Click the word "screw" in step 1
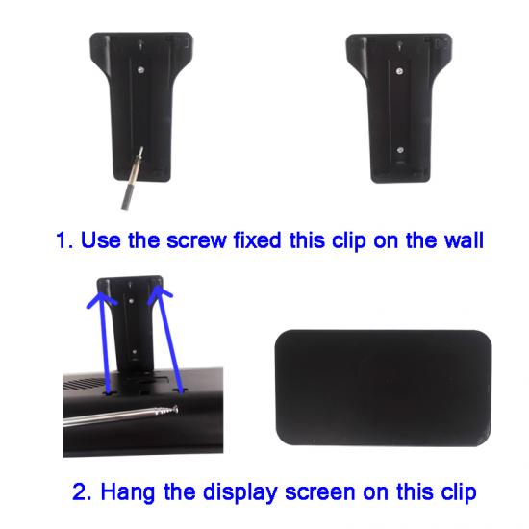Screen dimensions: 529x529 tap(196, 240)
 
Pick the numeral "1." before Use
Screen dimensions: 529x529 tap(64, 240)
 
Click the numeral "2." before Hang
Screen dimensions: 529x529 tap(82, 492)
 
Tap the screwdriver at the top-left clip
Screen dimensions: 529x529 tap(132, 179)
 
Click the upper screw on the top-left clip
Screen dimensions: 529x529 tap(141, 70)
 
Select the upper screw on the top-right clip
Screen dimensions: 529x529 tap(400, 71)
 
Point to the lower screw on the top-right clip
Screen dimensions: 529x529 tap(400, 150)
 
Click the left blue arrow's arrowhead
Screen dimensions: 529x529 tap(101, 298)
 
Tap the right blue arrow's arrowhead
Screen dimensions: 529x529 tap(160, 293)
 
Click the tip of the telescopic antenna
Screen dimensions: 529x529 tap(176, 409)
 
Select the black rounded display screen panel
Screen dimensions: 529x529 tap(383, 388)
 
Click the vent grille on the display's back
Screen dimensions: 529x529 tap(85, 384)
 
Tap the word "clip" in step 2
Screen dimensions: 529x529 tap(459, 493)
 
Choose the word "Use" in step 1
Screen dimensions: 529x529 tap(101, 240)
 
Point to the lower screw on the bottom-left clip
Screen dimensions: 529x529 tap(135, 352)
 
